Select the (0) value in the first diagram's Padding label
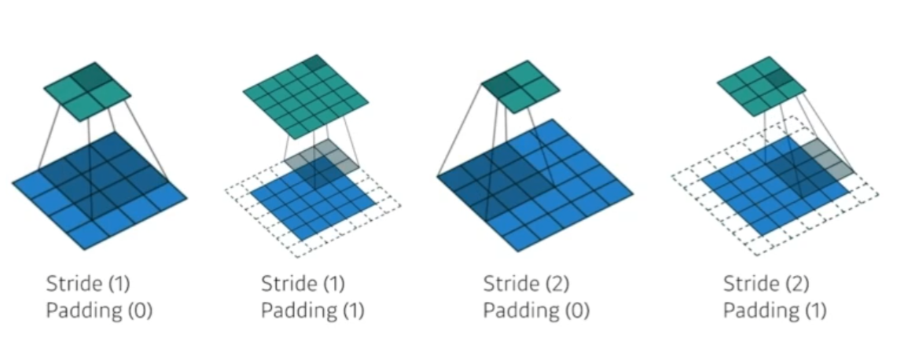[140, 311]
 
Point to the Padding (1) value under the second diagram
[351, 311]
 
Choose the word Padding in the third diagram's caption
[519, 311]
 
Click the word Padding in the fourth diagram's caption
[759, 311]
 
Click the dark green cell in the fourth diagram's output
[777, 77]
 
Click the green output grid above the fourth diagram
[755, 85]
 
